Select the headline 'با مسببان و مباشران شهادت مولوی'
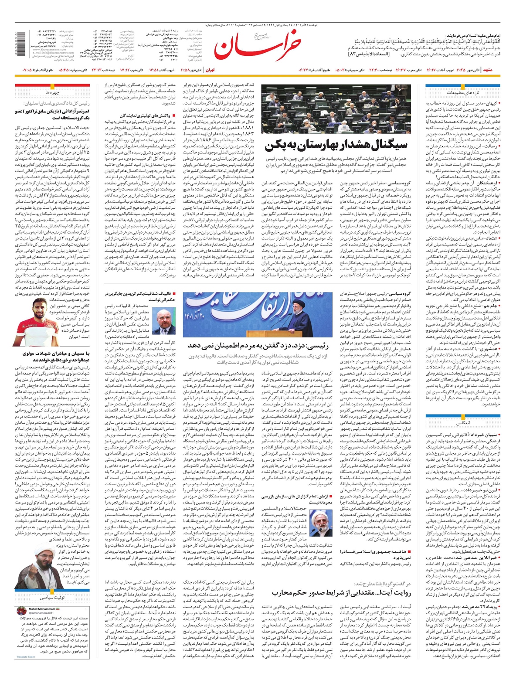pos(52,354)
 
